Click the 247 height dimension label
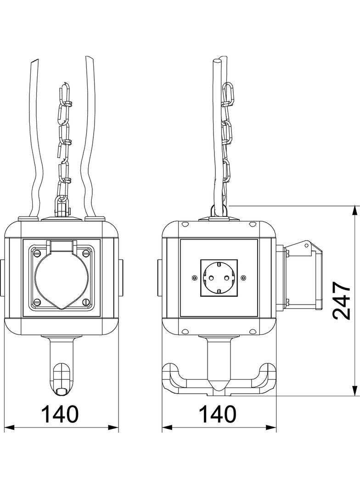point(341,301)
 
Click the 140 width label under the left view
point(60,414)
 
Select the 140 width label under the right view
point(218,414)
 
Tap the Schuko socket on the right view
point(219,278)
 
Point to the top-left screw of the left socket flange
point(36,253)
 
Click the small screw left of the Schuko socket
point(194,278)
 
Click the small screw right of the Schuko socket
point(243,278)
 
